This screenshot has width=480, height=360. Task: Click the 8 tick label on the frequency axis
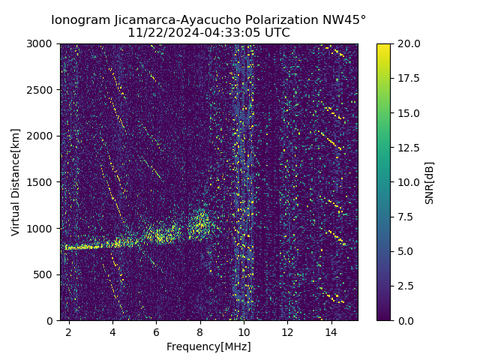[x=200, y=331]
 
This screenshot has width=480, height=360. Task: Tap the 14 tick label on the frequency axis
[x=331, y=331]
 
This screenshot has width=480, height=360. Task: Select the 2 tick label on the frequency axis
[x=69, y=331]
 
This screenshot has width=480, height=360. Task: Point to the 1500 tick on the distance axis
[x=42, y=182]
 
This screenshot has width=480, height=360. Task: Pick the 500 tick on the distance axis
[x=45, y=274]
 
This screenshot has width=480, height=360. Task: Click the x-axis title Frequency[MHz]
[x=208, y=346]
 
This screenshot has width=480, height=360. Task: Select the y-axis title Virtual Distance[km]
[x=16, y=181]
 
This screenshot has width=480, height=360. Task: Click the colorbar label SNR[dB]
[x=430, y=182]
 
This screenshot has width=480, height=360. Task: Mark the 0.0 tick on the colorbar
[x=405, y=320]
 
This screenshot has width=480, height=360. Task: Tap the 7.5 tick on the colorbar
[x=405, y=217]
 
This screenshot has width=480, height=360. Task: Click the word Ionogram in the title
[x=79, y=20]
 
